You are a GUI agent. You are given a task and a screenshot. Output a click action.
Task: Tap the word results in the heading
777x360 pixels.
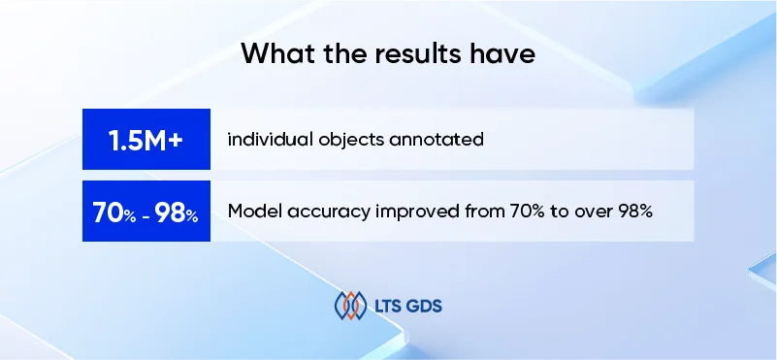(x=425, y=53)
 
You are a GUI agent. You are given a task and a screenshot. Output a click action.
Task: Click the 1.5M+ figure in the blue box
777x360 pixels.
(x=146, y=140)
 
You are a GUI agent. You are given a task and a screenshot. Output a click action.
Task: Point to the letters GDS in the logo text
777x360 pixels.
(x=428, y=307)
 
